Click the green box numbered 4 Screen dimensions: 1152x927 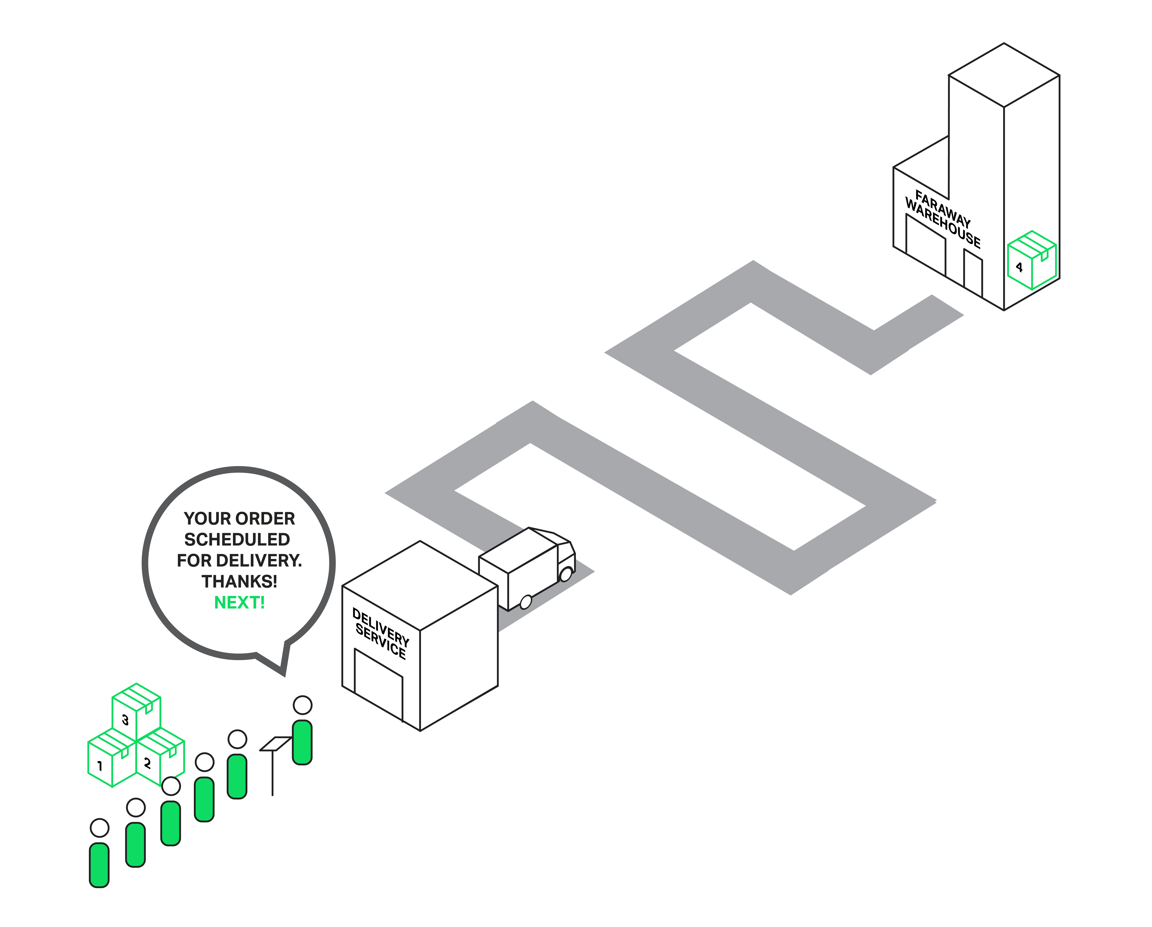pos(1032,260)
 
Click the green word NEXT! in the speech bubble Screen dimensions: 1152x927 pos(239,603)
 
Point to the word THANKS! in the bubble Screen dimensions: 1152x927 pos(239,581)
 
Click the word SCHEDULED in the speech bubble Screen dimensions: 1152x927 pos(237,540)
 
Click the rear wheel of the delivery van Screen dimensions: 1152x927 pos(526,602)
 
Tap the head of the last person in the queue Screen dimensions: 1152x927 pos(99,828)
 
